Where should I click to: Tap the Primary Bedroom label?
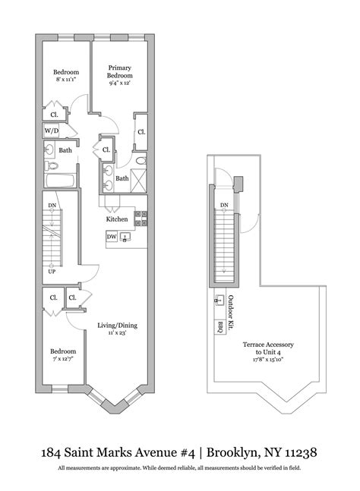tap(120, 72)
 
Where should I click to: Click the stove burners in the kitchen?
tap(140, 218)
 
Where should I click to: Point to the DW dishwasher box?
tap(112, 237)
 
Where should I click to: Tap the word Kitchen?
tap(116, 219)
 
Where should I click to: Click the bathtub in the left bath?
tap(58, 181)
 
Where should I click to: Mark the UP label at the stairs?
tap(52, 271)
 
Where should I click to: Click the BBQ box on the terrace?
tap(220, 329)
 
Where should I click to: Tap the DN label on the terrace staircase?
tap(224, 206)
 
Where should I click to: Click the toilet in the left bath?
tap(49, 165)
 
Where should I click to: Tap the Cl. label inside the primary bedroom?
tap(141, 132)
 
